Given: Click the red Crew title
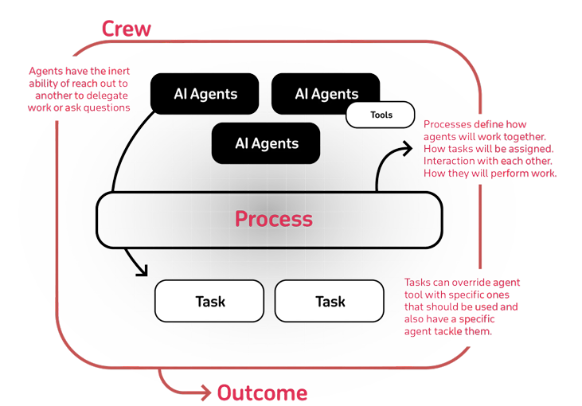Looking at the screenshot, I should point(126,29).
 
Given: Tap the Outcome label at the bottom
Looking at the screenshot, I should point(262,392).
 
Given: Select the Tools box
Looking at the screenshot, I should point(381,115).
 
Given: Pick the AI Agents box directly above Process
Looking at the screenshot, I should point(266,144).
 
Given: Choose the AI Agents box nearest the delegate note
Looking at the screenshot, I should point(205,94).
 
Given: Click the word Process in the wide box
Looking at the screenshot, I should point(273,218).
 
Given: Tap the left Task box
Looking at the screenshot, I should point(209,301).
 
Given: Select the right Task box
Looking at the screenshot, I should point(330,301).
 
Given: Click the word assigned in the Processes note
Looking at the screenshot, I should point(532,149).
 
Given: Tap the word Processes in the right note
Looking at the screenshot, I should point(447,124).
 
